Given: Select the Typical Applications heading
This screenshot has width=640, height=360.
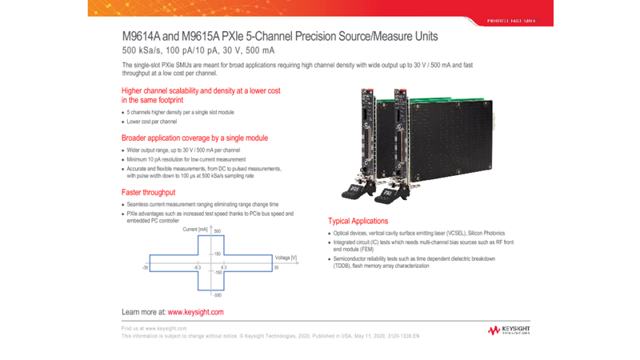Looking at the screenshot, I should tap(358, 221).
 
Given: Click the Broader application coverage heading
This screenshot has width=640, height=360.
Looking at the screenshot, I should tap(194, 138).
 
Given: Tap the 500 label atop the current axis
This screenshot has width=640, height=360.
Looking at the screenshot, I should tap(217, 231).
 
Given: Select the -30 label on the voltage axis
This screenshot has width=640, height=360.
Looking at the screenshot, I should tap(146, 267).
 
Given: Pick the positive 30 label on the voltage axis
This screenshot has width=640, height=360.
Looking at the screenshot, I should tap(276, 268).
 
